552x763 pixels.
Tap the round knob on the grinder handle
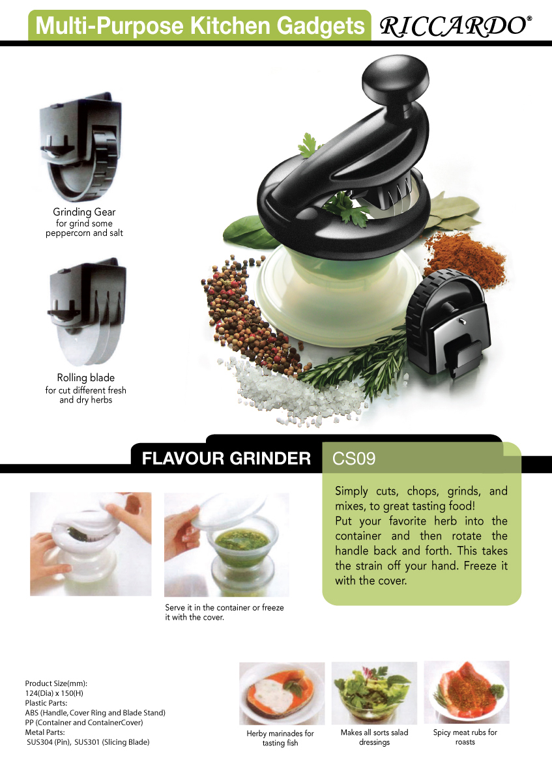(395, 78)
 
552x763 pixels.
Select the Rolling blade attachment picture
(87, 311)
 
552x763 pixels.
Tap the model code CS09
(354, 458)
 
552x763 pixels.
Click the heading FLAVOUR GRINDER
(226, 458)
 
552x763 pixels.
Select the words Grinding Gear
(84, 212)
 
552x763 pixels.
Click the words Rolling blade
(85, 378)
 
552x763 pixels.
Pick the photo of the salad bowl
(374, 693)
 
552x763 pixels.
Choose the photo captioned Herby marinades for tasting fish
(282, 693)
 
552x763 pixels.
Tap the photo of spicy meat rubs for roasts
(467, 692)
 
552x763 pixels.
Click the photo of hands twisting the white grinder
(91, 544)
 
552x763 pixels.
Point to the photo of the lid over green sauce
(226, 545)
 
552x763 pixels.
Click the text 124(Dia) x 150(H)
(54, 693)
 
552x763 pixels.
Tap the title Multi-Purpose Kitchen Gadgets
(200, 26)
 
